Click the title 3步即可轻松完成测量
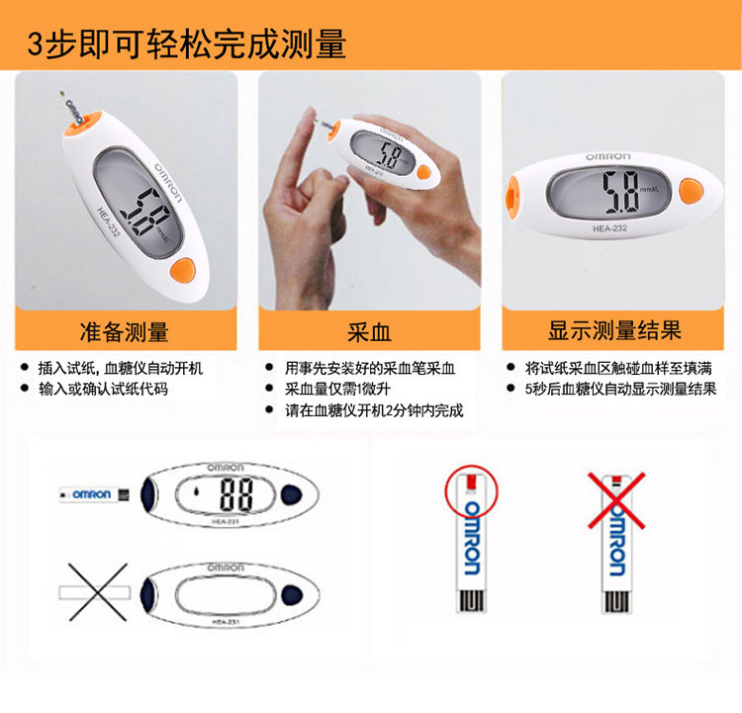tap(186, 44)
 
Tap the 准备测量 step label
tap(124, 331)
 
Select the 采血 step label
tap(369, 331)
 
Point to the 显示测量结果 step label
tap(614, 330)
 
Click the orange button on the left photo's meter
tap(183, 270)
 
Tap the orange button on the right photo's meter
tap(691, 191)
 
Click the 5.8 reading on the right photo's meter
tap(620, 192)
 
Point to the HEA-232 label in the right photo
tap(609, 228)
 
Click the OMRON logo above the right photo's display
tap(608, 156)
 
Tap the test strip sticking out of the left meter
tap(70, 109)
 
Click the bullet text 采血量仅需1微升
tap(337, 389)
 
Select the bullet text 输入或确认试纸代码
tap(103, 389)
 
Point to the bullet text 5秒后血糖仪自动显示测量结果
tap(620, 389)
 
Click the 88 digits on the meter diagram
tap(236, 493)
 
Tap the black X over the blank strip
tap(98, 591)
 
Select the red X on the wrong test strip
tap(616, 500)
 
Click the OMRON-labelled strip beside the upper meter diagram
tap(94, 494)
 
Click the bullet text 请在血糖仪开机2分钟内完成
tap(374, 410)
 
